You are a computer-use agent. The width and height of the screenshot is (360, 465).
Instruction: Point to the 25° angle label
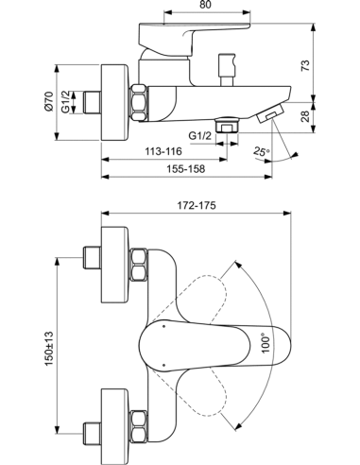[260, 150]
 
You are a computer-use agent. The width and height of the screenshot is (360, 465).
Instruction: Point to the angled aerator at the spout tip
[270, 114]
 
